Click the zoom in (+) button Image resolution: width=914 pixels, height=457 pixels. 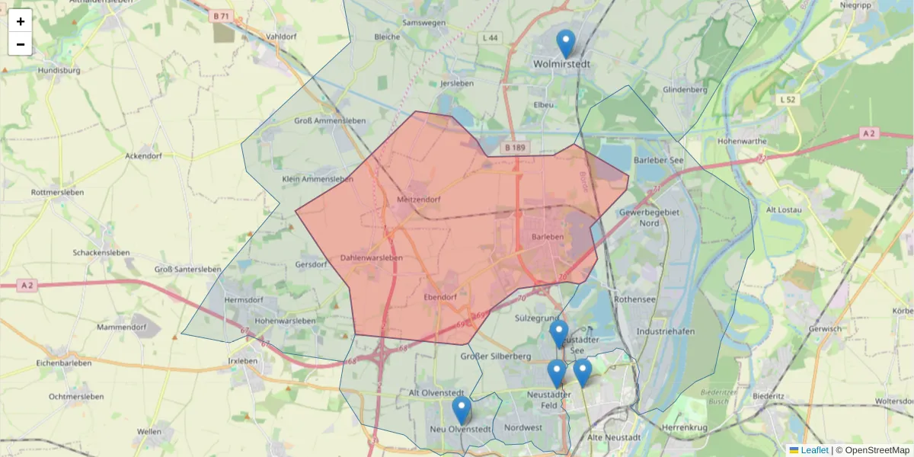pos(21,21)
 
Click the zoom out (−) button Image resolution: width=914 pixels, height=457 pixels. pos(21,44)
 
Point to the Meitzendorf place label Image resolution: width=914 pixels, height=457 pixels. pos(419,200)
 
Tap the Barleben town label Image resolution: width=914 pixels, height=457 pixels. pos(548,237)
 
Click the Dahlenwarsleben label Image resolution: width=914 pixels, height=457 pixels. pos(371,257)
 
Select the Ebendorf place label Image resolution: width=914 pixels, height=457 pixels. pos(440,297)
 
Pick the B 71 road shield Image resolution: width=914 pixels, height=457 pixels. pos(222,16)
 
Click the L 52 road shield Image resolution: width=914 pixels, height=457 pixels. pos(788,100)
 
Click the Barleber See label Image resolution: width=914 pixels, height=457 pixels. pos(660,161)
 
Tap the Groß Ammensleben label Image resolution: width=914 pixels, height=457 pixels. pos(330,120)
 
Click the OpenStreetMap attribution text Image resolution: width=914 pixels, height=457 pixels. pos(875,450)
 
